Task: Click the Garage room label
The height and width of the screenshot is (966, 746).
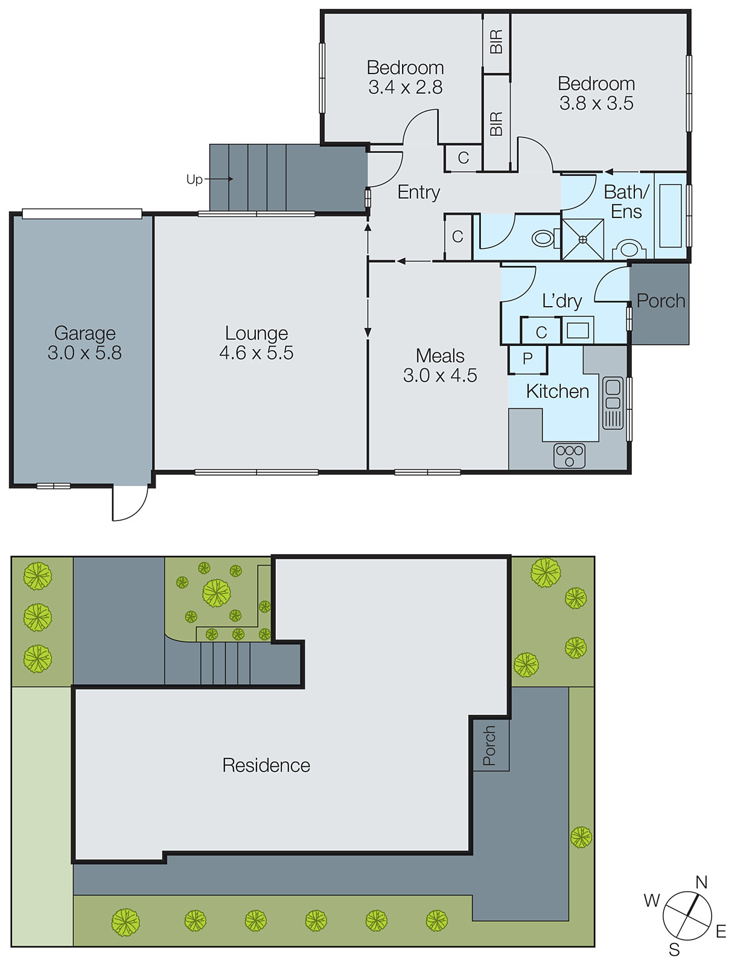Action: (84, 333)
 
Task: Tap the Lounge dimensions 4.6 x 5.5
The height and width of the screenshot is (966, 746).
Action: (256, 353)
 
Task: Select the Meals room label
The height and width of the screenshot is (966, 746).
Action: (440, 356)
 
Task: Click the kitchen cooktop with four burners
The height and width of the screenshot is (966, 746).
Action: (569, 456)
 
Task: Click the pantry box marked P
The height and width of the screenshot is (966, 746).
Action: (528, 359)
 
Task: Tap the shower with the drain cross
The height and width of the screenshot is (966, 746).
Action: (582, 240)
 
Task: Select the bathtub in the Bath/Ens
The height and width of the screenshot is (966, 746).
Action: (670, 216)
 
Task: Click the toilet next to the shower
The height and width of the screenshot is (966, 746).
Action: (544, 238)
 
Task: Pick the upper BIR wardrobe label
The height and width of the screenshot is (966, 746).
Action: (496, 42)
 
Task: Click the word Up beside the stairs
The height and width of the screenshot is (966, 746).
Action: (194, 179)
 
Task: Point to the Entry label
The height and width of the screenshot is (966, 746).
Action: (418, 192)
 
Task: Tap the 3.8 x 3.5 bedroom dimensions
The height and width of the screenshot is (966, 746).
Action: (596, 103)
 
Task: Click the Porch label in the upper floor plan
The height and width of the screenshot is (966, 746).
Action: (661, 301)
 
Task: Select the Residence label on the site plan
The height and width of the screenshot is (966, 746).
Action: (266, 765)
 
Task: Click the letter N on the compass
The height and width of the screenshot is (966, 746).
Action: (701, 882)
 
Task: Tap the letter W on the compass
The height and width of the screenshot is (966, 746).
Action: (652, 900)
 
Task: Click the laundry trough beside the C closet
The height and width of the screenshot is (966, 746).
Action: (578, 330)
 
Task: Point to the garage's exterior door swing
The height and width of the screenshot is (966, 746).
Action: (129, 504)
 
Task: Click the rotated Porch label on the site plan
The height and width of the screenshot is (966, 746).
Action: (489, 746)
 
